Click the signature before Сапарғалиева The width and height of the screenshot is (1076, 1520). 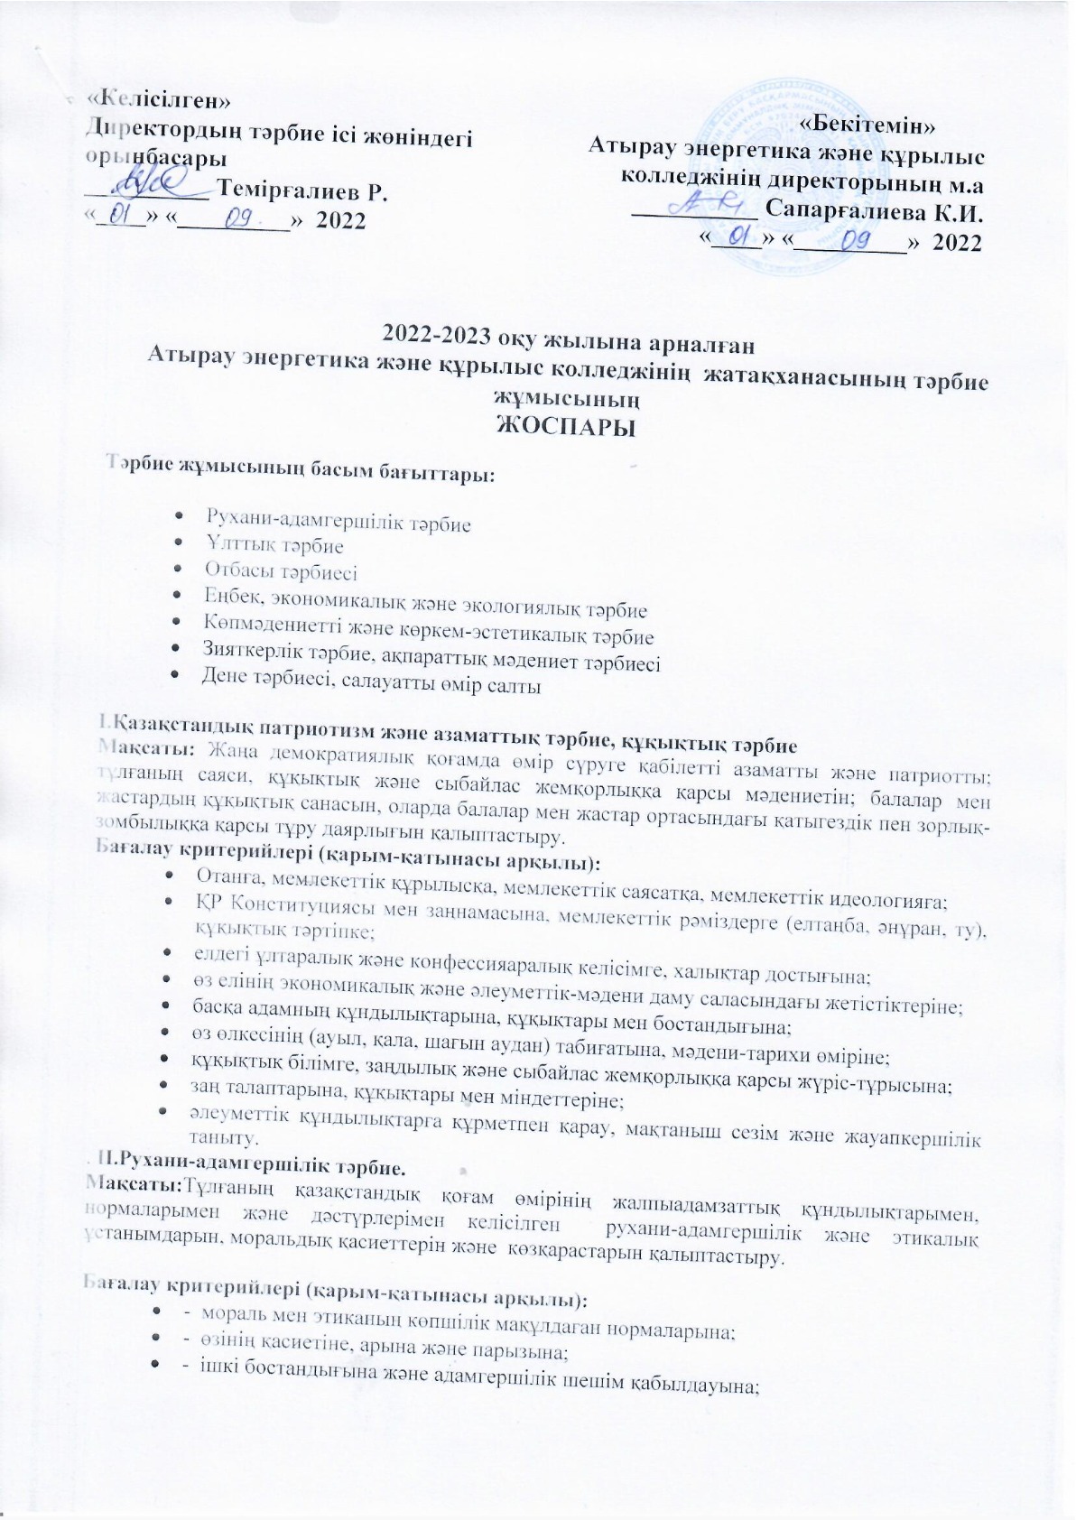point(713,204)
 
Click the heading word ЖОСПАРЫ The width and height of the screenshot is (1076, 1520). point(567,427)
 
